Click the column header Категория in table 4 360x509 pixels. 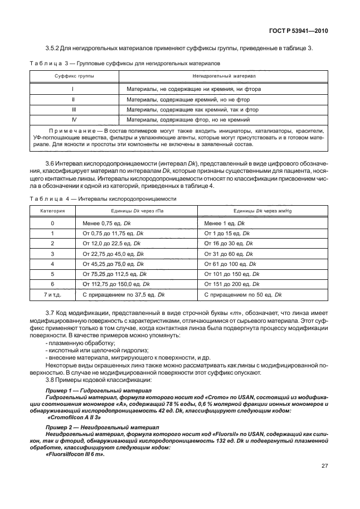(52, 212)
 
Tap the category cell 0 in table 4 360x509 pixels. (52, 223)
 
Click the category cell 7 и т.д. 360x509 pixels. (52, 294)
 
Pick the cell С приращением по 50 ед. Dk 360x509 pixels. (243, 294)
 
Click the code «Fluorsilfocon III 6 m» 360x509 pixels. (75, 454)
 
